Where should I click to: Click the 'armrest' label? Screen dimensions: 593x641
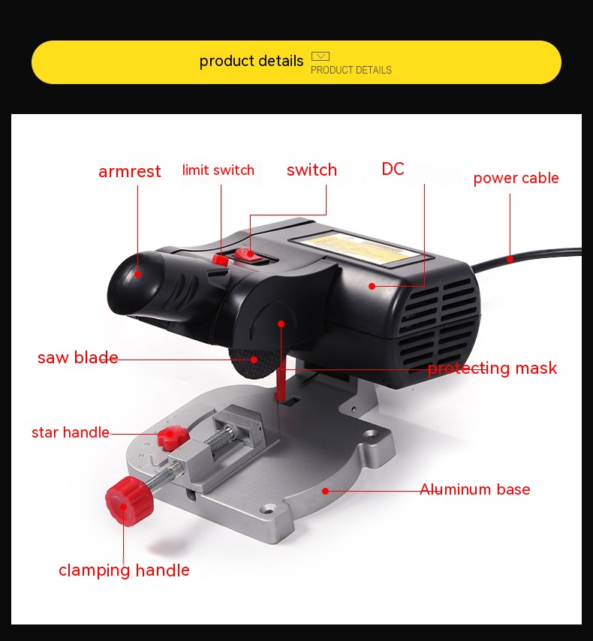click(130, 171)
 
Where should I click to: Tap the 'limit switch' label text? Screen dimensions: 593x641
click(218, 170)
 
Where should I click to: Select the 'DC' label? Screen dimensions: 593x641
click(393, 169)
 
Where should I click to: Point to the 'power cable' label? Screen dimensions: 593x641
click(516, 178)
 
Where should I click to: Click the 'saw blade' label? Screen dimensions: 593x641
click(78, 357)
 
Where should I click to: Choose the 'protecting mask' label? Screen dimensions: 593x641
click(492, 369)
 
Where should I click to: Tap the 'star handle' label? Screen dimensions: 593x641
click(71, 432)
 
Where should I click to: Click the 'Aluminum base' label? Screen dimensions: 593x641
click(475, 489)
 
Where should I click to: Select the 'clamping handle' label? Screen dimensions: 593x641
click(124, 570)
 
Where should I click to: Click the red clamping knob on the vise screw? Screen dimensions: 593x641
click(129, 501)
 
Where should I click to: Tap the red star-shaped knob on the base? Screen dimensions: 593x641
click(173, 438)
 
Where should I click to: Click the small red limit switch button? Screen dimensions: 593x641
click(220, 260)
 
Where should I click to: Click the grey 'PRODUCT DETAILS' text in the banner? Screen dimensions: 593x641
click(351, 71)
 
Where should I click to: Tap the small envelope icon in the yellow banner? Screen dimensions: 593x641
click(321, 56)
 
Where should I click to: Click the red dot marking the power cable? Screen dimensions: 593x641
click(510, 259)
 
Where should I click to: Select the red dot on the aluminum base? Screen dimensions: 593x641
click(326, 491)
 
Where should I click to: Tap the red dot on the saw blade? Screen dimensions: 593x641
click(254, 360)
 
